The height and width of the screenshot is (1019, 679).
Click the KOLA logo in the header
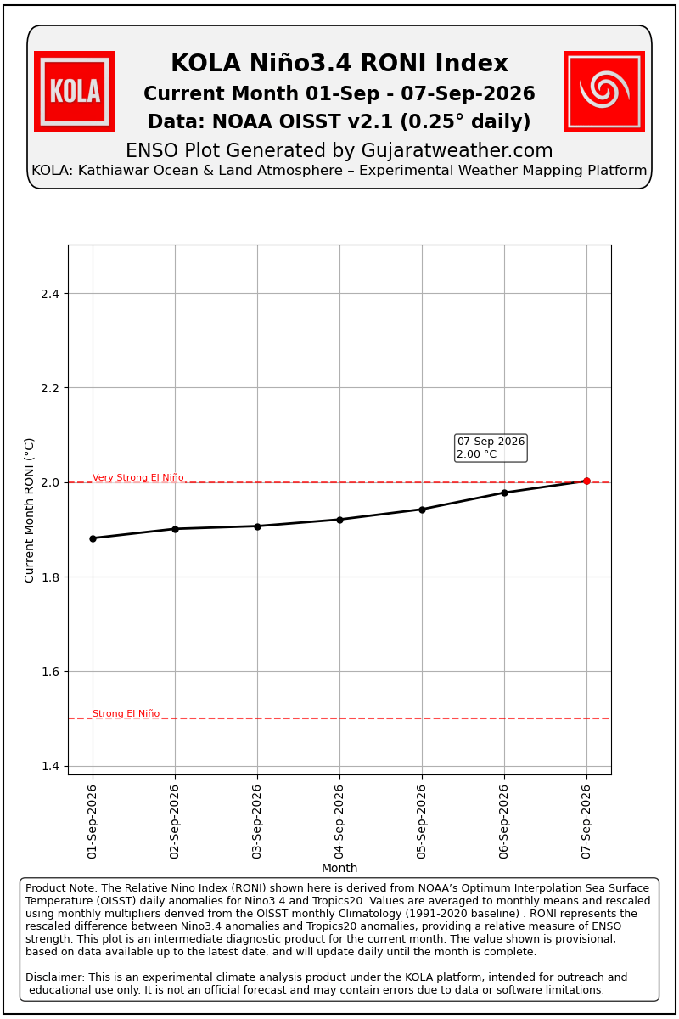pyautogui.click(x=75, y=92)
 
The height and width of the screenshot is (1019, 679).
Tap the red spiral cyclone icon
pyautogui.click(x=604, y=92)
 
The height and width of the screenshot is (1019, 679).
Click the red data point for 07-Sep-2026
pyautogui.click(x=586, y=481)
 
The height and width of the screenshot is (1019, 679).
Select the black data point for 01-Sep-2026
pyautogui.click(x=93, y=538)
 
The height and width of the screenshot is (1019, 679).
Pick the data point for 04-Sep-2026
pyautogui.click(x=339, y=520)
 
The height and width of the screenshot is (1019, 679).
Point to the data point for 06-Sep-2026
pyautogui.click(x=504, y=493)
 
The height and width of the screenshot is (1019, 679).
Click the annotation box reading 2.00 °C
pyautogui.click(x=491, y=448)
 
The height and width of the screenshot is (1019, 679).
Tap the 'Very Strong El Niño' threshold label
pyautogui.click(x=138, y=477)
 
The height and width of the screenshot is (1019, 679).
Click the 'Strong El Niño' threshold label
pyautogui.click(x=126, y=713)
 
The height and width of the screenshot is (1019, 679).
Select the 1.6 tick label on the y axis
pyautogui.click(x=50, y=672)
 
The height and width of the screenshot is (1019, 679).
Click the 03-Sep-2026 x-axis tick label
pyautogui.click(x=257, y=822)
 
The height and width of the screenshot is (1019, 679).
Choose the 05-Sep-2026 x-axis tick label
pyautogui.click(x=422, y=822)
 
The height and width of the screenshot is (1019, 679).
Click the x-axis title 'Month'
pyautogui.click(x=339, y=868)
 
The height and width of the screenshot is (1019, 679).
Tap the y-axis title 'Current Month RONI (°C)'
pyautogui.click(x=29, y=510)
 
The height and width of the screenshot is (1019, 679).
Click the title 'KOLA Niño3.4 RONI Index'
pyautogui.click(x=339, y=63)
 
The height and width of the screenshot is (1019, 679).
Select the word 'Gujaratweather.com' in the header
pyautogui.click(x=457, y=150)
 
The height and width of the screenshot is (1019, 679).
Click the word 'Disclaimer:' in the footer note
pyautogui.click(x=54, y=977)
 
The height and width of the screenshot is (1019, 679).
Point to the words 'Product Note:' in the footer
pyautogui.click(x=61, y=887)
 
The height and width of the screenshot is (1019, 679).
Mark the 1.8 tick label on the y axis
pyautogui.click(x=50, y=577)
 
